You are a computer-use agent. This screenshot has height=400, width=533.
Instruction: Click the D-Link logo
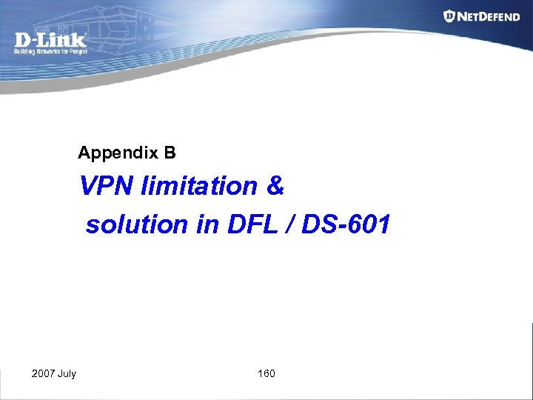tap(50, 39)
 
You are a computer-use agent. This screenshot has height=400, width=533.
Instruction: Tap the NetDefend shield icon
tap(449, 16)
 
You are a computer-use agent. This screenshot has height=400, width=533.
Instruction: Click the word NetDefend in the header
tap(489, 16)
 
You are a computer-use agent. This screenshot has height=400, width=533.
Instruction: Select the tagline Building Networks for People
tap(50, 52)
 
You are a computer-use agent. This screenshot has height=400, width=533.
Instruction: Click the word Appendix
tap(118, 153)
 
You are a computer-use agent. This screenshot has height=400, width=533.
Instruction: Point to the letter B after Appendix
tap(170, 153)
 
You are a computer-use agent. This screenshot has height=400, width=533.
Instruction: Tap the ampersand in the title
tap(275, 186)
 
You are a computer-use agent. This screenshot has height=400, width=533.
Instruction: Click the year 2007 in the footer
tap(43, 373)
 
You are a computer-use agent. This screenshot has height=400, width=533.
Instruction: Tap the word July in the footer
tap(67, 373)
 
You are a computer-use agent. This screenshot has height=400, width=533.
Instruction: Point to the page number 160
tap(266, 373)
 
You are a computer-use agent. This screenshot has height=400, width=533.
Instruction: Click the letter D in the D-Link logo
tap(23, 39)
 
